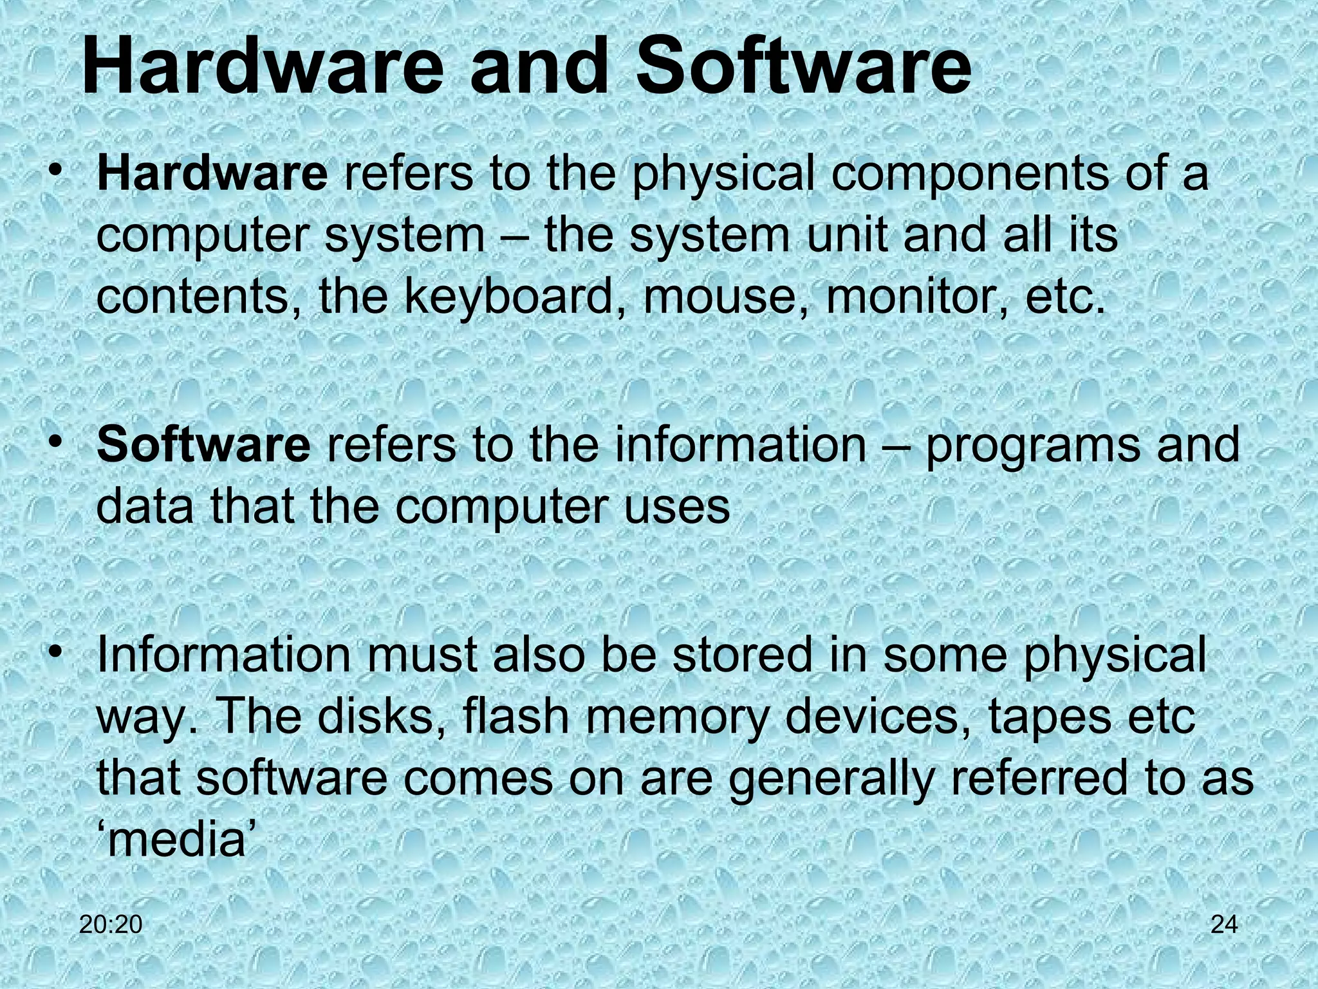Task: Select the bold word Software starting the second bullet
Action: click(203, 444)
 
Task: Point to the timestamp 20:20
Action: click(111, 925)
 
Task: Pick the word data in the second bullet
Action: click(145, 506)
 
